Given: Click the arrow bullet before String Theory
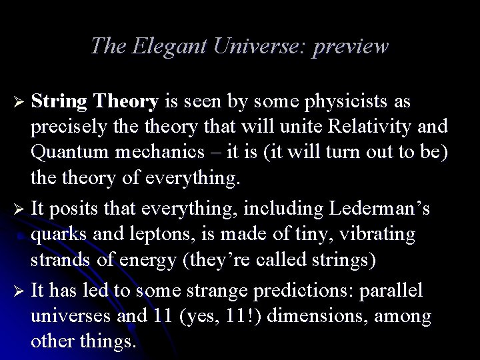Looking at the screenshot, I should click(19, 102).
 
